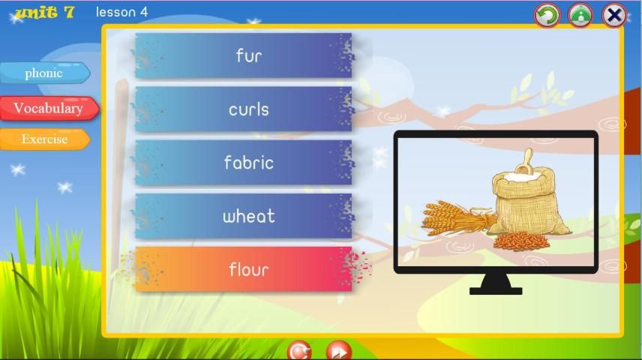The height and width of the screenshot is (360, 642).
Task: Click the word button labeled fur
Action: (243, 55)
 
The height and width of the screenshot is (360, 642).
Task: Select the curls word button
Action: (243, 109)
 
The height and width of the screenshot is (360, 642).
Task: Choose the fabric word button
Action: (243, 163)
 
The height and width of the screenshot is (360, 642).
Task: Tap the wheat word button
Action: (243, 216)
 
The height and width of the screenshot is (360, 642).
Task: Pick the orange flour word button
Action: (243, 269)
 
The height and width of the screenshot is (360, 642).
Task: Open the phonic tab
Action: (45, 73)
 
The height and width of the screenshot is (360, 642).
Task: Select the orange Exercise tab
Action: (45, 139)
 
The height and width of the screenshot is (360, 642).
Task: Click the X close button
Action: (614, 15)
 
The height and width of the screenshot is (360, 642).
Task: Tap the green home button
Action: (580, 15)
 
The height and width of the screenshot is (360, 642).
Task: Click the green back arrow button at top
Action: (547, 15)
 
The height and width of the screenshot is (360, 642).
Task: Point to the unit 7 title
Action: (45, 12)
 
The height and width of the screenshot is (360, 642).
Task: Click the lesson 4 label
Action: (121, 12)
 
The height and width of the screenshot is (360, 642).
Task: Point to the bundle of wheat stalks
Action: (457, 217)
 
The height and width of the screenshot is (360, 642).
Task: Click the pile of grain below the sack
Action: (520, 241)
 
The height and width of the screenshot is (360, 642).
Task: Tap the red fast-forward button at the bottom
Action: (338, 351)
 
